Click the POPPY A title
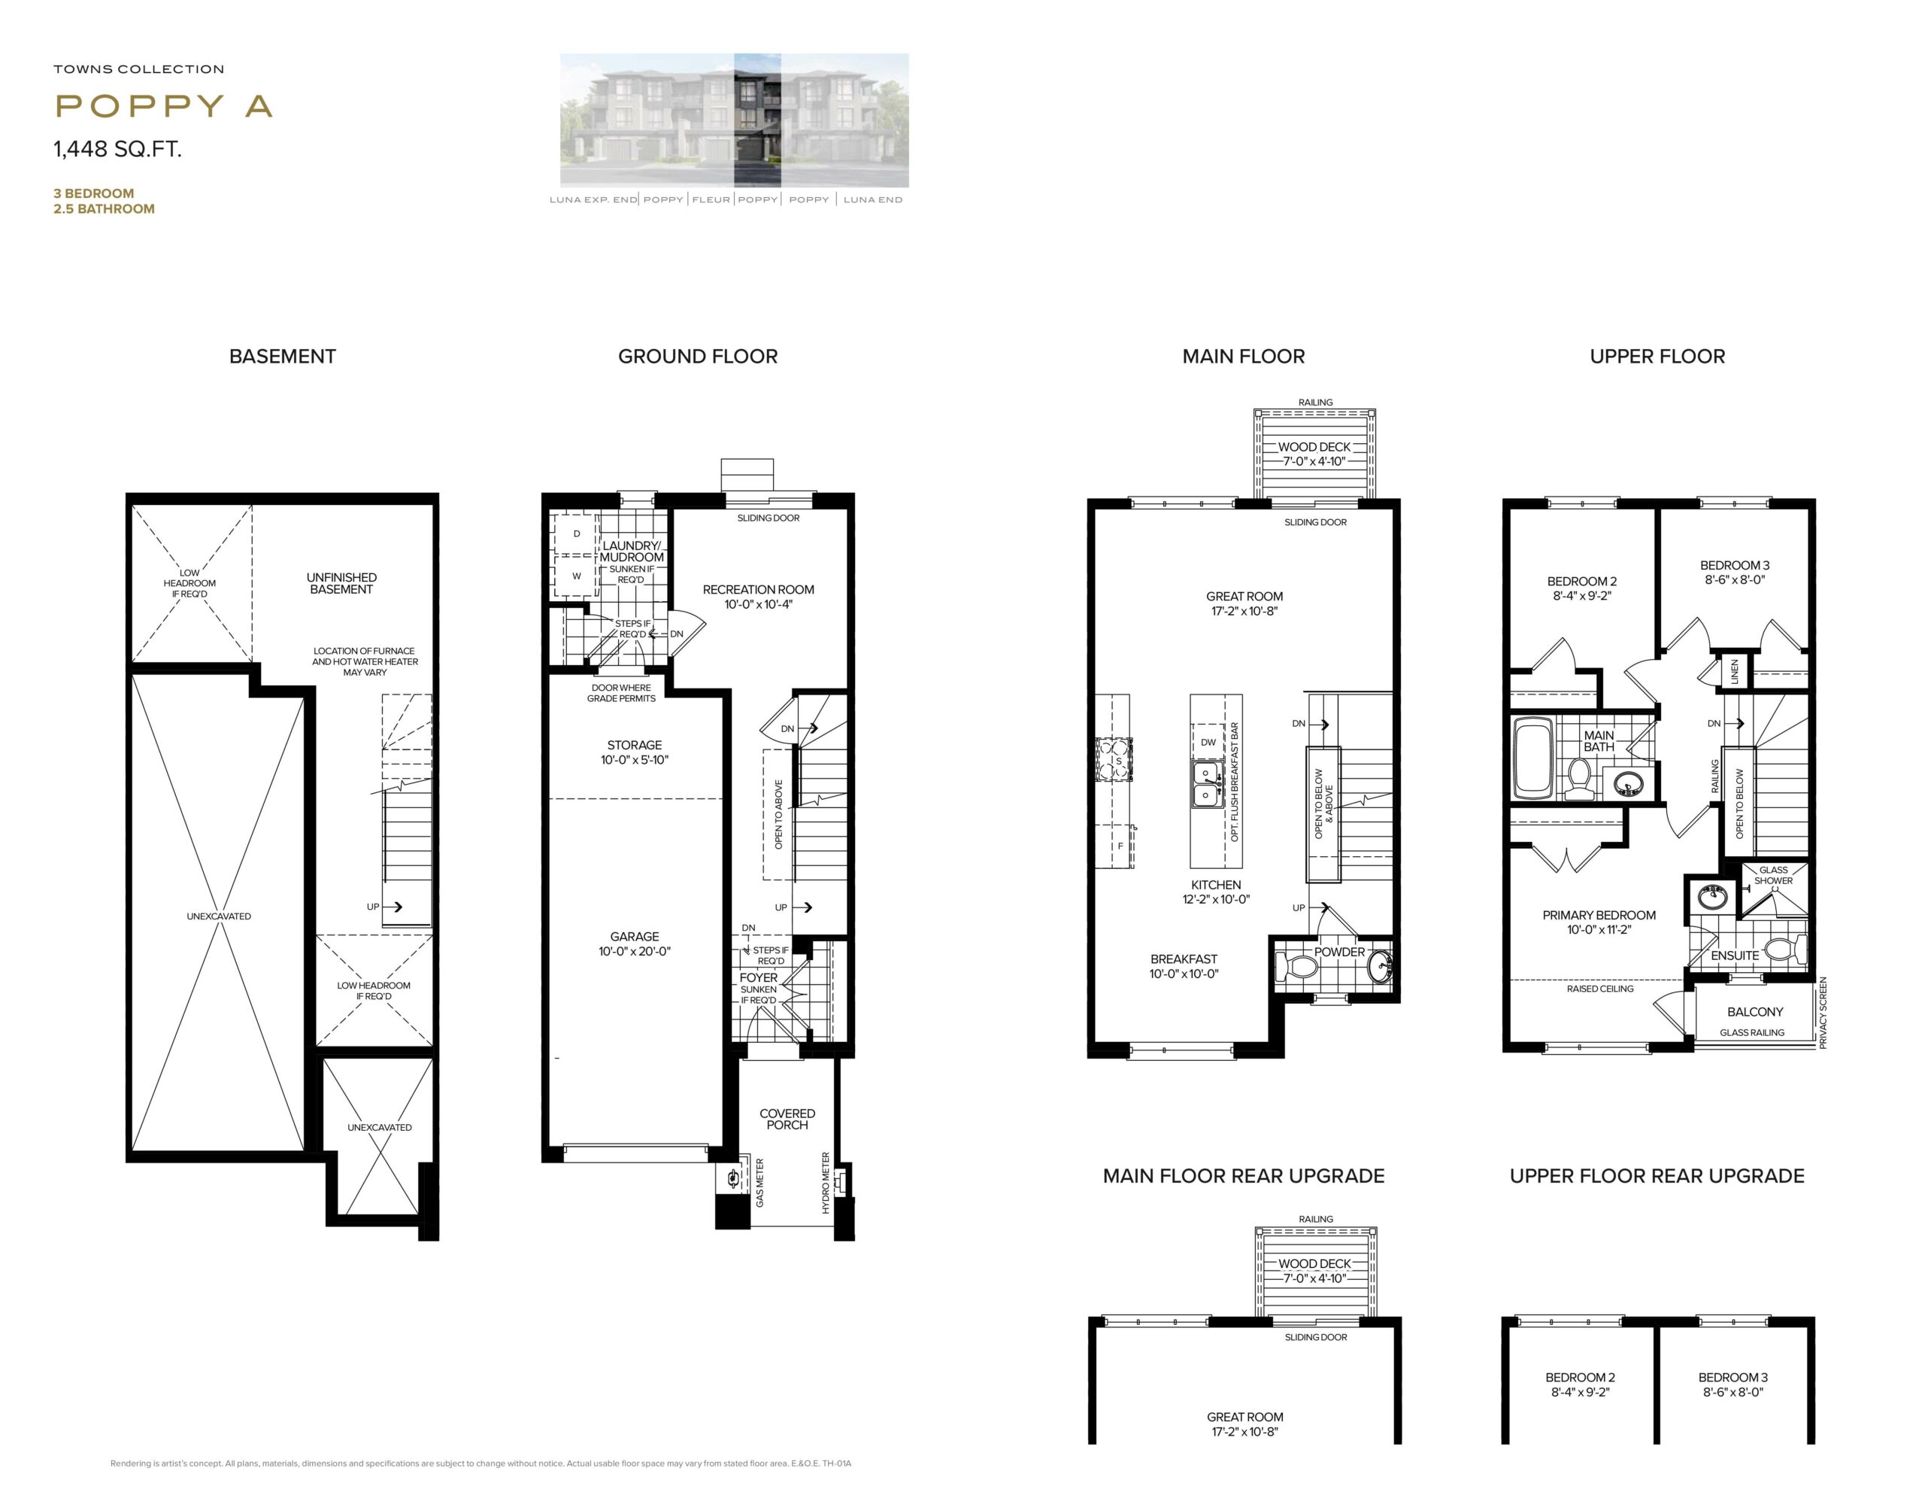[x=163, y=106]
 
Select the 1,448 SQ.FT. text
[x=117, y=149]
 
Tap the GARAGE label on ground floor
[x=635, y=937]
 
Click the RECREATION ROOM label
[x=758, y=590]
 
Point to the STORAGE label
[x=635, y=745]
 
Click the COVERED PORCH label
[x=787, y=1119]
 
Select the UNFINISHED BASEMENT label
[x=341, y=584]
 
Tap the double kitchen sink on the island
[x=1205, y=784]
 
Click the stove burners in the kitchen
[x=1114, y=760]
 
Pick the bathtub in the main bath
[x=1532, y=758]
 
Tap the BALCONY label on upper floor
[x=1755, y=1011]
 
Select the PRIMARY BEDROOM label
[x=1599, y=915]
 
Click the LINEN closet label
[x=1735, y=671]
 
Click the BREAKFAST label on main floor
[x=1184, y=959]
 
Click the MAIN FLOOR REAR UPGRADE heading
[x=1244, y=1175]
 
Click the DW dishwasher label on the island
[x=1208, y=743]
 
